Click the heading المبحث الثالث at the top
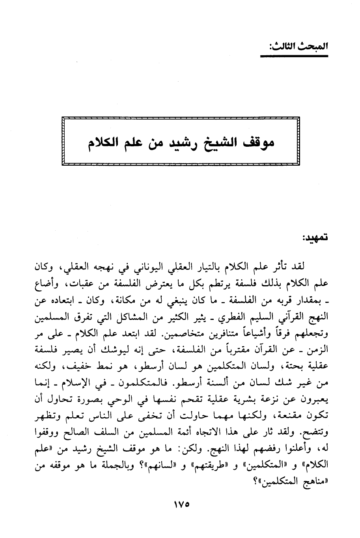point(295,46)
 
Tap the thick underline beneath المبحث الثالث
point(295,56)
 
